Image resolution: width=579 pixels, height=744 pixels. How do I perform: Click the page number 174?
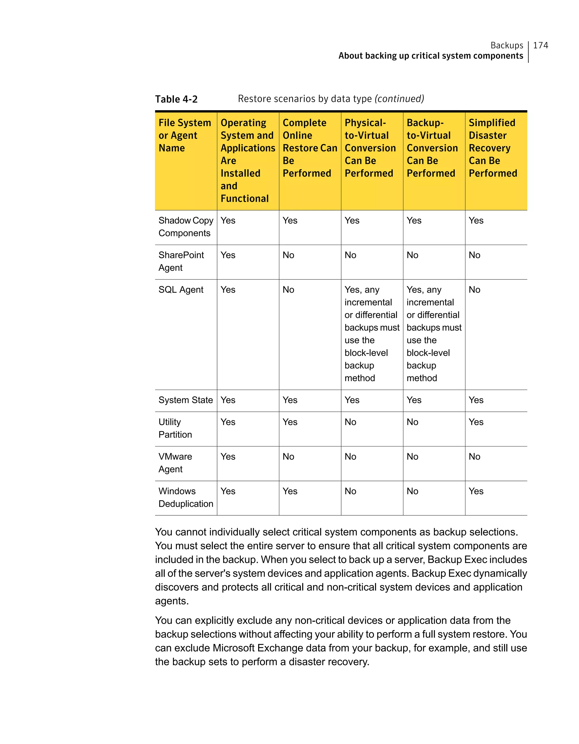tap(540, 45)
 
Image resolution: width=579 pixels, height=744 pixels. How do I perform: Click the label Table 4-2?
tap(176, 99)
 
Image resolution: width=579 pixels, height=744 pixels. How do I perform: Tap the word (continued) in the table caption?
tap(399, 99)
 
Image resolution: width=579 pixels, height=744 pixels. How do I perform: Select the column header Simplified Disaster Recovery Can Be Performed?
tap(492, 148)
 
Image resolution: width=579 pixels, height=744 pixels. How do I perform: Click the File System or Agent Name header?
tap(185, 135)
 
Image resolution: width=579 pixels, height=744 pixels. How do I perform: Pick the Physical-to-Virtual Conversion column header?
tap(370, 148)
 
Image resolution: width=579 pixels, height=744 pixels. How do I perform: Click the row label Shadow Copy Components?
tap(185, 227)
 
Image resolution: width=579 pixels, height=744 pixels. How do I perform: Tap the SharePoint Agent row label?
tap(181, 261)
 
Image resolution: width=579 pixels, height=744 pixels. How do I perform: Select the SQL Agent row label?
tap(181, 290)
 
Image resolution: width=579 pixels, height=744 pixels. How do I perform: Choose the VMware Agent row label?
tap(175, 463)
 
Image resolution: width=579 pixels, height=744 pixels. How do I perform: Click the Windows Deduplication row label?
tap(185, 497)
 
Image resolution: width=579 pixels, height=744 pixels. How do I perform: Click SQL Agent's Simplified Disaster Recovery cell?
tap(474, 290)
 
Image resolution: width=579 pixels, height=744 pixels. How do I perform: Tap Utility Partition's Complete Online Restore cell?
tap(290, 422)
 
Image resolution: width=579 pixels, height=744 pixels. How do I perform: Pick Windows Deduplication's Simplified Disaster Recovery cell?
tap(476, 491)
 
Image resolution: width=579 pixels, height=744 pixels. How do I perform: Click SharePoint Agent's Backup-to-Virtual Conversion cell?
tap(412, 255)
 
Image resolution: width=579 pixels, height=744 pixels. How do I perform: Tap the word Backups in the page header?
tap(506, 45)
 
